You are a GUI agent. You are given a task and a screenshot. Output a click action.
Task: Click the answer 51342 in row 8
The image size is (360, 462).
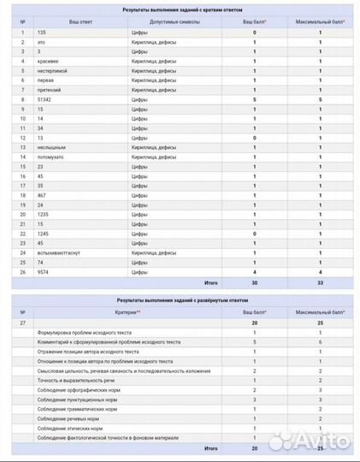(45, 99)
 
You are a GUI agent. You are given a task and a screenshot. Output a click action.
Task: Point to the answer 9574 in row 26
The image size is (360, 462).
(44, 272)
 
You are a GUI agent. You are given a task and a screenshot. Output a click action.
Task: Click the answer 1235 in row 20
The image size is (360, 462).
(44, 215)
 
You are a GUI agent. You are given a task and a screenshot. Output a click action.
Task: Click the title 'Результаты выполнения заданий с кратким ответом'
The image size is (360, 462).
(180, 7)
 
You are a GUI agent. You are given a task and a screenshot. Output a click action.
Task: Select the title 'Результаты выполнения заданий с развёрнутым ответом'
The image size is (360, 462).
(180, 302)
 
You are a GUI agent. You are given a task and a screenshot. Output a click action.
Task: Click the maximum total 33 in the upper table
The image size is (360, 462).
(321, 282)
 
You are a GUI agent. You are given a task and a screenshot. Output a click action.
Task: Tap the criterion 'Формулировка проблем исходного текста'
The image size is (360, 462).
(84, 332)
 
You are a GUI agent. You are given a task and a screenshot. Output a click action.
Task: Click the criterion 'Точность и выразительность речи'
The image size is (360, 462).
(76, 380)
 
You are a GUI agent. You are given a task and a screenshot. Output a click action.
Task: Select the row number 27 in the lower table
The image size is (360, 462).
(22, 323)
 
